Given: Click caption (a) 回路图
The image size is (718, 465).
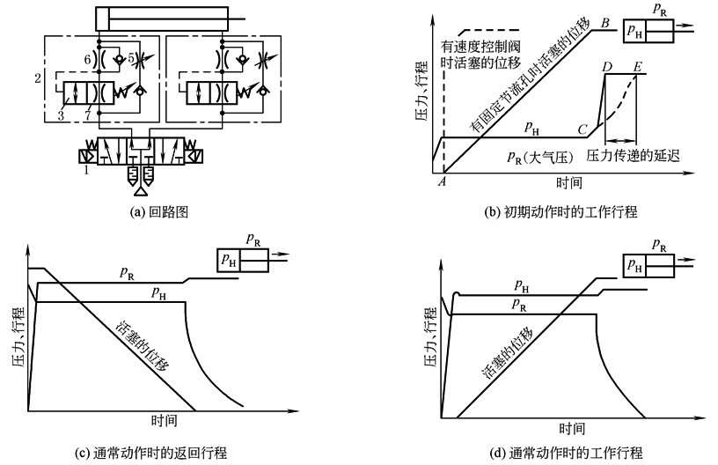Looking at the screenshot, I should pyautogui.click(x=158, y=210).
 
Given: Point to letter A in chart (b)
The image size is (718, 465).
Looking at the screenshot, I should pyautogui.click(x=443, y=180).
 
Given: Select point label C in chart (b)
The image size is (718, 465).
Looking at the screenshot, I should pyautogui.click(x=582, y=129).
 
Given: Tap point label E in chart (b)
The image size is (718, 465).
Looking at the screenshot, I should pyautogui.click(x=637, y=67).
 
